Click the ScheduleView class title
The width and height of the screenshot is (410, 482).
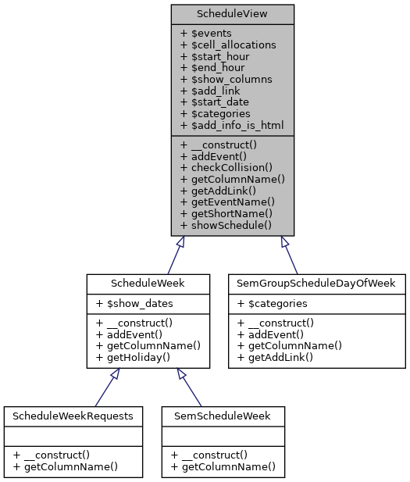233,13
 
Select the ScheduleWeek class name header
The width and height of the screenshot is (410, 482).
148,282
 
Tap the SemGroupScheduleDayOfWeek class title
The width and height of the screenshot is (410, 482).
316,282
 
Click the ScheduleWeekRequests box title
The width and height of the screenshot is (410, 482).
73,416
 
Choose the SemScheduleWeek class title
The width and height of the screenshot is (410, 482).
223,416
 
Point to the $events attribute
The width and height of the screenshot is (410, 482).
206,33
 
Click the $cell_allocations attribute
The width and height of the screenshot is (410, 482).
228,45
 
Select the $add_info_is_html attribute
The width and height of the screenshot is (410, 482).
232,125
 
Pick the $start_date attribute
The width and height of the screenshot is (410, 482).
215,102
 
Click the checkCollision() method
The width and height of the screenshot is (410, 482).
226,166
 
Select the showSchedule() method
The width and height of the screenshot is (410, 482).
226,225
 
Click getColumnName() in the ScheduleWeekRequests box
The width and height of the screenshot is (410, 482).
65,467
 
